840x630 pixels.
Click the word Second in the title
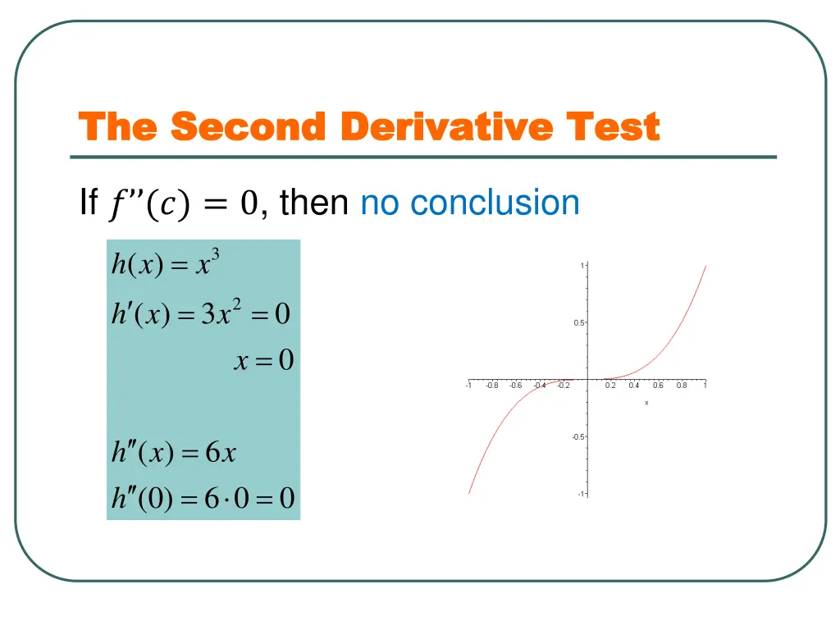click(x=249, y=128)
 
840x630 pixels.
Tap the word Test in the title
click(x=612, y=128)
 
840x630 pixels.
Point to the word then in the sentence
click(x=314, y=203)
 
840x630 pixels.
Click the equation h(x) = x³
click(x=165, y=264)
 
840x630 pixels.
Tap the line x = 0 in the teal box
click(x=263, y=361)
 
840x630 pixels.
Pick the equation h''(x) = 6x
click(x=174, y=452)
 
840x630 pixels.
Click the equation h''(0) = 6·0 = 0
click(x=203, y=498)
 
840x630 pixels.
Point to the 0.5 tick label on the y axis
click(x=579, y=323)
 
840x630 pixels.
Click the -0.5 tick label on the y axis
click(x=577, y=437)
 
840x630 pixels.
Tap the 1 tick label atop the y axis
click(x=582, y=266)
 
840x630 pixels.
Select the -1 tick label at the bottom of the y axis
click(x=580, y=494)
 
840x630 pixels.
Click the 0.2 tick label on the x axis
click(x=610, y=386)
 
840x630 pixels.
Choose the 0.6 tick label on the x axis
click(x=658, y=386)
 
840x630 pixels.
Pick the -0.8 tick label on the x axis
click(x=491, y=386)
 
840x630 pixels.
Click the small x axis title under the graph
click(x=646, y=403)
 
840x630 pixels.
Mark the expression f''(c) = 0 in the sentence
click(x=183, y=203)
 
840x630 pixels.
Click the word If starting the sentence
click(x=89, y=203)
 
